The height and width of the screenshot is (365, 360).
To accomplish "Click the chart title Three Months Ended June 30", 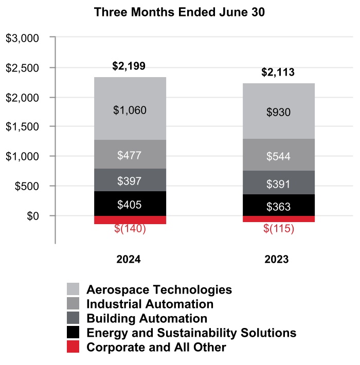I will click(x=179, y=13).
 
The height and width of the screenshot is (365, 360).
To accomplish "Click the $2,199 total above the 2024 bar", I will click(x=129, y=66).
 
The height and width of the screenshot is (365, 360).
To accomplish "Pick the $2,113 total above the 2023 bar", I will click(x=278, y=72).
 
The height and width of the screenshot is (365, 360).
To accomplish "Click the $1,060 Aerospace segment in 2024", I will click(x=130, y=109).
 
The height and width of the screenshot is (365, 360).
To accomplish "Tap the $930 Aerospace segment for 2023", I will click(x=279, y=113).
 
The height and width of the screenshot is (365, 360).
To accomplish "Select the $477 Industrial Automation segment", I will click(x=130, y=155).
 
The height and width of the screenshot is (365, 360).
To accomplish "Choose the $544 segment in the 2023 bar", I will click(x=279, y=156).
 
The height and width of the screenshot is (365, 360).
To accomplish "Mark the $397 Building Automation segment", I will click(x=130, y=181).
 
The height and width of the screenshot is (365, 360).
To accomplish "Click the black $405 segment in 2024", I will click(x=130, y=205).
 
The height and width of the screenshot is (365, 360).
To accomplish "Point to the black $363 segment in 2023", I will click(x=279, y=207).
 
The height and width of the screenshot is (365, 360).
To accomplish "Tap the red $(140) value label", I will click(x=130, y=229).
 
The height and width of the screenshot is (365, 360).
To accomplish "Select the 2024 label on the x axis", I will click(x=129, y=260).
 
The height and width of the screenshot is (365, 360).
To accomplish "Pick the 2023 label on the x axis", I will click(x=278, y=260).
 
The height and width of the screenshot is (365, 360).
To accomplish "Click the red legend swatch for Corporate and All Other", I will click(x=73, y=347).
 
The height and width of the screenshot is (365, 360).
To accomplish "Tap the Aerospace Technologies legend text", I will click(x=159, y=289).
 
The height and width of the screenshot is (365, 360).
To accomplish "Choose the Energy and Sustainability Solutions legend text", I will click(x=191, y=333).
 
